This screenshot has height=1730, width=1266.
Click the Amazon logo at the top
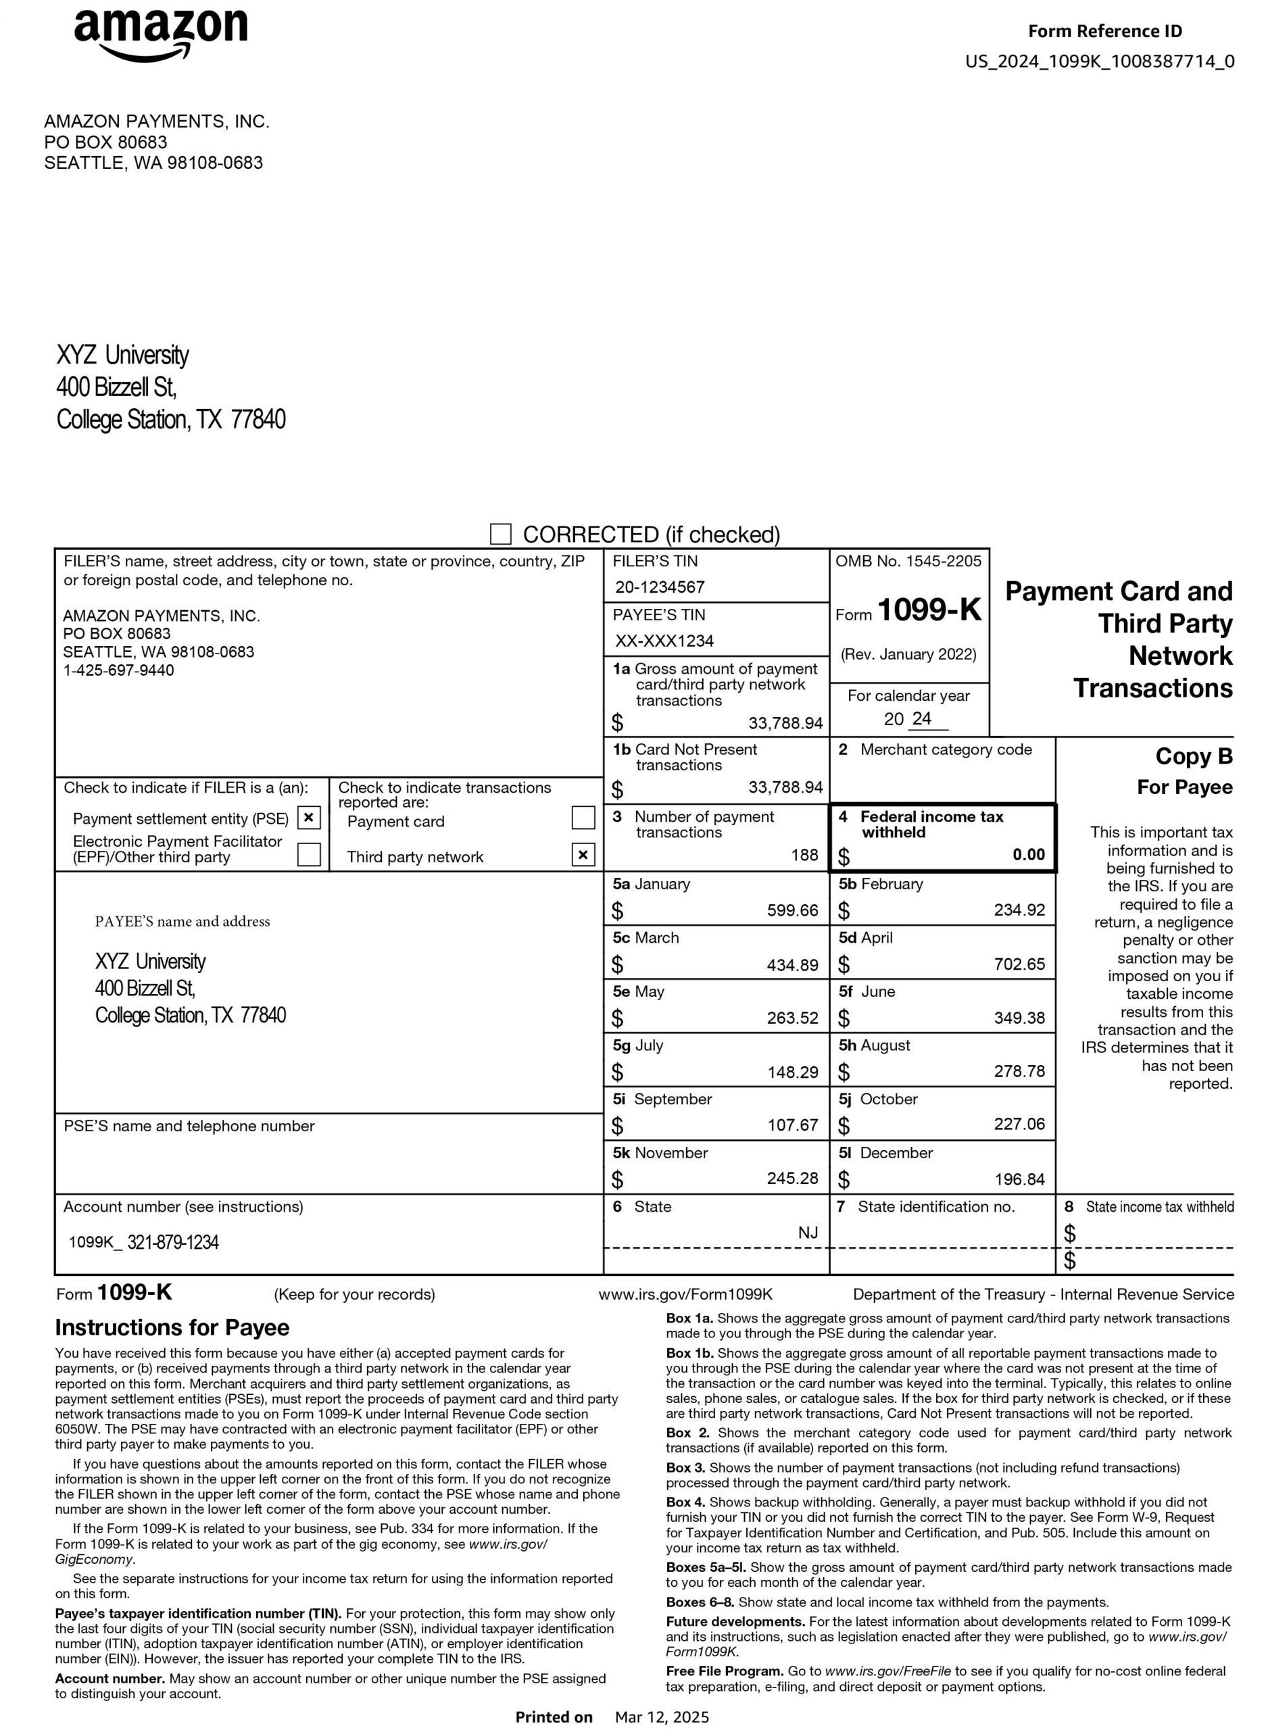click(x=161, y=34)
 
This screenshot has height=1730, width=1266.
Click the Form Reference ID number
click(x=1099, y=61)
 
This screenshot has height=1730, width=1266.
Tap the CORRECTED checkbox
click(x=500, y=534)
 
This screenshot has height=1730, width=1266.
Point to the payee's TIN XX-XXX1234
click(x=664, y=641)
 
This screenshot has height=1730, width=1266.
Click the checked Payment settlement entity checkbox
click(x=308, y=818)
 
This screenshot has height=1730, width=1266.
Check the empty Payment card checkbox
click(x=583, y=818)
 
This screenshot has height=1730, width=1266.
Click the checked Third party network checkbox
click(x=583, y=854)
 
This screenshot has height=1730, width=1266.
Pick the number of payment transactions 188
click(x=804, y=855)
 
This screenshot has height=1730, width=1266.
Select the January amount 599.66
click(x=792, y=910)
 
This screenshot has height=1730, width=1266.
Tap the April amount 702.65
click(x=1019, y=964)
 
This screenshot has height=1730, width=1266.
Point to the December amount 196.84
click(x=1019, y=1179)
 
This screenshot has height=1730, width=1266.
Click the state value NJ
click(x=808, y=1233)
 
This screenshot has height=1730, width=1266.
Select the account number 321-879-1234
click(x=172, y=1243)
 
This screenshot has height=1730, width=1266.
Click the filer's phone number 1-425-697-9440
click(x=118, y=670)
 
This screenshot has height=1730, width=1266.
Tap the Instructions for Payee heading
click(x=172, y=1328)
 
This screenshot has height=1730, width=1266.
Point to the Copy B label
click(x=1193, y=756)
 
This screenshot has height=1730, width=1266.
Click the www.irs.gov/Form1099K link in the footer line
click(x=685, y=1294)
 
